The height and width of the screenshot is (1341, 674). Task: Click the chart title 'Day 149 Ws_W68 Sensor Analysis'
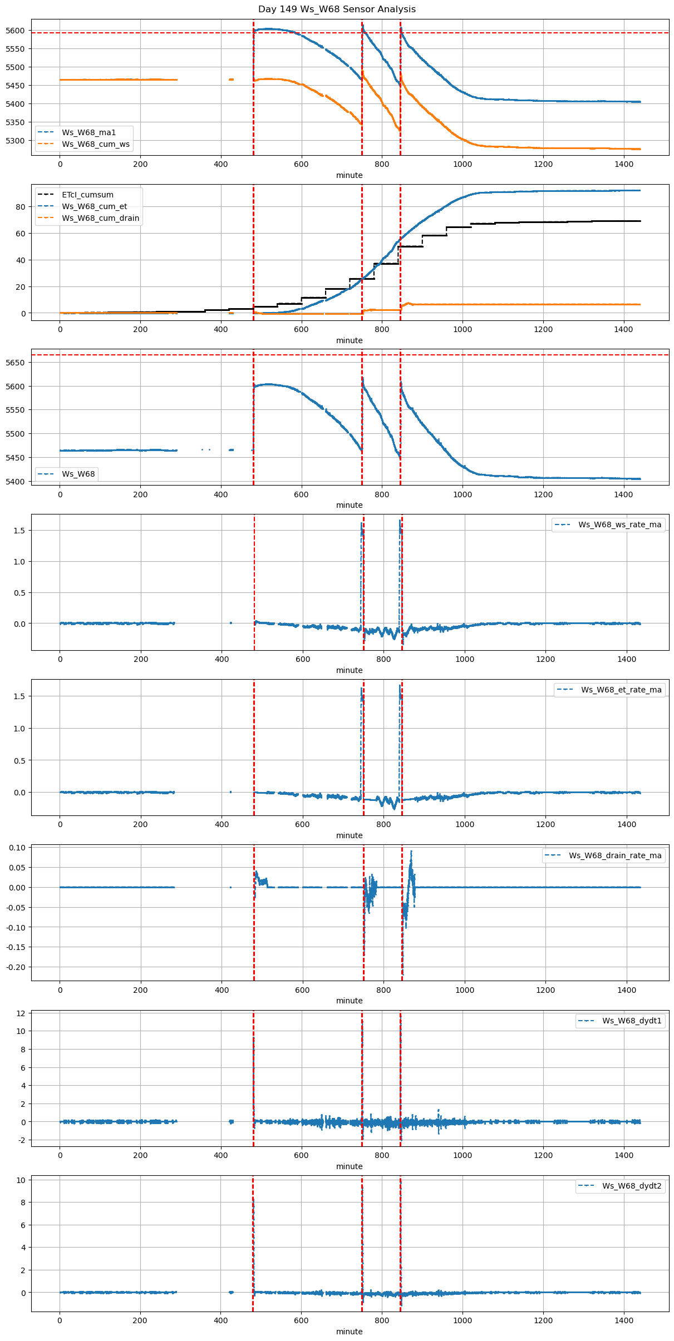[337, 9]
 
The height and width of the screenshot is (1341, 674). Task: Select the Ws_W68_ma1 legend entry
[88, 132]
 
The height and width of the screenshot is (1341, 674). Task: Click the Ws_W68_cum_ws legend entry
[95, 144]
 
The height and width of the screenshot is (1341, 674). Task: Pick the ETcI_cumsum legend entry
[87, 195]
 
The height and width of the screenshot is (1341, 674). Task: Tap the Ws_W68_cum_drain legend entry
[100, 218]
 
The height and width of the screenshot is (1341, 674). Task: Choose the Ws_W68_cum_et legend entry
[94, 206]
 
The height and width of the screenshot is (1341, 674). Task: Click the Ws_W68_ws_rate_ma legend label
[619, 524]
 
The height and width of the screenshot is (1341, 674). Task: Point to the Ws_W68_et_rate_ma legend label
[621, 690]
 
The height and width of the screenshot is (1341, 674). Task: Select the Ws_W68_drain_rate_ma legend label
[615, 855]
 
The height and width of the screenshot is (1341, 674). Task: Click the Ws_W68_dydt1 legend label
[632, 1021]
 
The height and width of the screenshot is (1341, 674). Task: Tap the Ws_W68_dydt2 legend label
[632, 1186]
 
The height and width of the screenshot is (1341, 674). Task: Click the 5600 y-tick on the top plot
[16, 31]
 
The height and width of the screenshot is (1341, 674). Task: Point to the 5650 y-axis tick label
[16, 363]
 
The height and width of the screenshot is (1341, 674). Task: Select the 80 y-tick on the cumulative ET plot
[21, 207]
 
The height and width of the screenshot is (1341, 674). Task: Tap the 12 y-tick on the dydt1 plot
[21, 1013]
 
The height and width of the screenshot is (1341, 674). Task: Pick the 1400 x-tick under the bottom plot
[623, 1320]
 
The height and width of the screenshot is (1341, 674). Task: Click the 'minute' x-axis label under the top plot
[349, 175]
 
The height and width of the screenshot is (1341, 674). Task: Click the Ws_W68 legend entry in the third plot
[78, 474]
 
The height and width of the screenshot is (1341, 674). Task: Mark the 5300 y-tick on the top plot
[16, 141]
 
